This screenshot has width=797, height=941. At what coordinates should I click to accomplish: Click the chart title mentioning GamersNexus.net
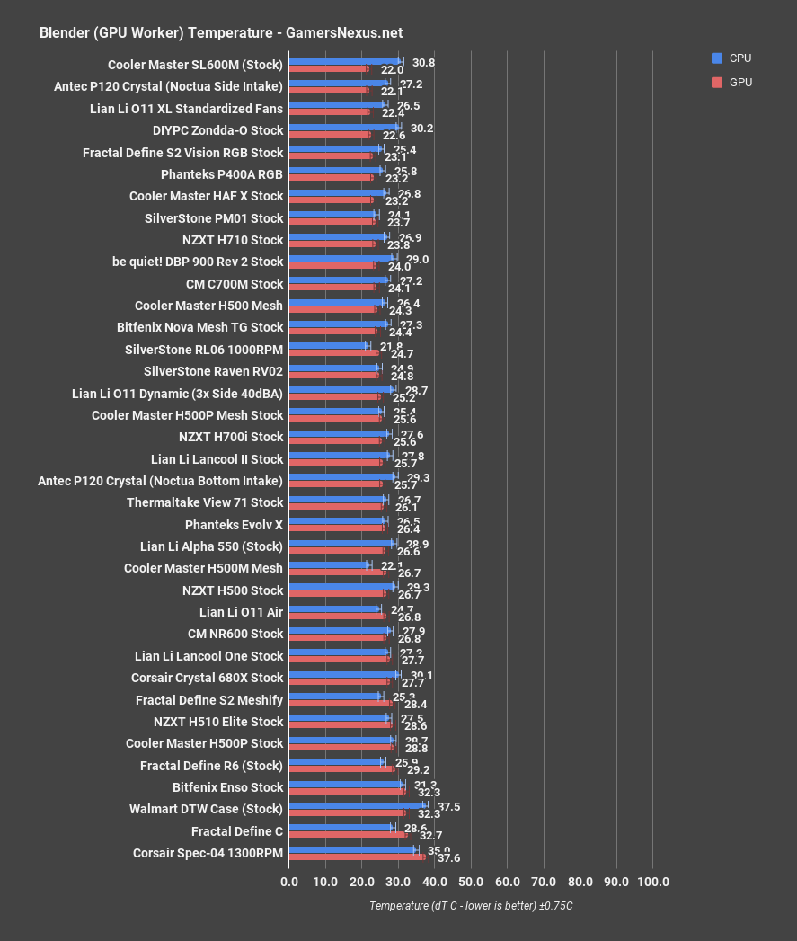(221, 32)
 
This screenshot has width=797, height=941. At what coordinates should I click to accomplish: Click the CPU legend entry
(739, 58)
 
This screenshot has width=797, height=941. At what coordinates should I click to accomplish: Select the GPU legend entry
(739, 83)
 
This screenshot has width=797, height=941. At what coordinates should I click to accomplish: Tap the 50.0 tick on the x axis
(471, 882)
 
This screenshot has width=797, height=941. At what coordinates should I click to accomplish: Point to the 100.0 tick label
(652, 882)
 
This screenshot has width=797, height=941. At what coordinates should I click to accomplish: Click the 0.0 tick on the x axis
(289, 882)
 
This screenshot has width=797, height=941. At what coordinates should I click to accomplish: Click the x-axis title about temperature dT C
(471, 905)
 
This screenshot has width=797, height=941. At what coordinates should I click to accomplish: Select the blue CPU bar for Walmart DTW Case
(357, 805)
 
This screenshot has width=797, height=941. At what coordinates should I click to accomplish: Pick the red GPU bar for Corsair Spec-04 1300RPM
(357, 857)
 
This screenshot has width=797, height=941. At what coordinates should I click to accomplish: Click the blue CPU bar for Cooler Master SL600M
(345, 62)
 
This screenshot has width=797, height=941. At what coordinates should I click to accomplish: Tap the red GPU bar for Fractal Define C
(348, 835)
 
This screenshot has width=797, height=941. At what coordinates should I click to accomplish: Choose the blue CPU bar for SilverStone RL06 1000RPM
(329, 345)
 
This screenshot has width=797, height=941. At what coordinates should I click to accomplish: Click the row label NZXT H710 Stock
(232, 240)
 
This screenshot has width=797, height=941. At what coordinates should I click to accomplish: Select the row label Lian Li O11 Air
(241, 612)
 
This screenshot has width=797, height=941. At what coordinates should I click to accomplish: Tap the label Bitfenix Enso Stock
(227, 787)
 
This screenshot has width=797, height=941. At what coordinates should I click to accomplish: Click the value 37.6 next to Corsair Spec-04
(448, 858)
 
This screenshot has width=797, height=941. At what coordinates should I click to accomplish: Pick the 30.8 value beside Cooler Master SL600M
(423, 64)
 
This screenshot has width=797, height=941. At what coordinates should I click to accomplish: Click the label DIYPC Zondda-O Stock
(217, 130)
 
